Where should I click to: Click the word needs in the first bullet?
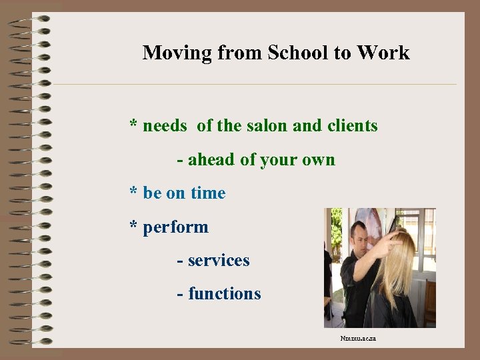click(x=165, y=125)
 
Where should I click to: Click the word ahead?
click(x=209, y=160)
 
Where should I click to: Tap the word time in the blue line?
click(x=208, y=193)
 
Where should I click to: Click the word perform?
click(x=175, y=228)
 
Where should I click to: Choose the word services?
click(x=219, y=260)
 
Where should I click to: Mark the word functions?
click(x=225, y=293)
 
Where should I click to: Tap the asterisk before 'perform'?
click(x=134, y=227)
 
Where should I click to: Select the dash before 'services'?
click(x=181, y=261)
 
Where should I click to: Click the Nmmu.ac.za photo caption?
click(x=358, y=339)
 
